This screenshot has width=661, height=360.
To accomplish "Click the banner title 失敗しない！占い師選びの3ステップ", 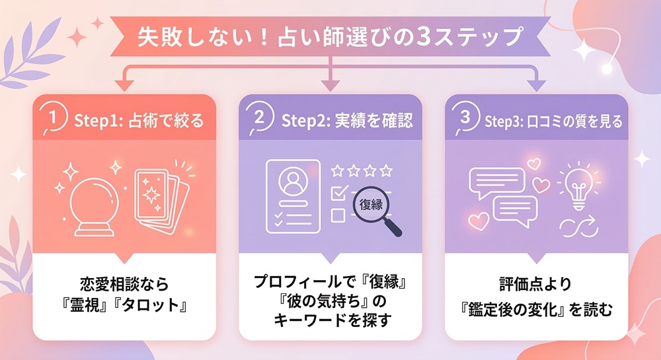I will coord(329,36).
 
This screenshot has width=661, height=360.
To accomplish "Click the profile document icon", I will coord(292,194).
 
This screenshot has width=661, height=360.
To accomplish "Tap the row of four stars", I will coord(362,171).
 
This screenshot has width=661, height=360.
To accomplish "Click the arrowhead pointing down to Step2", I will coord(330,85).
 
